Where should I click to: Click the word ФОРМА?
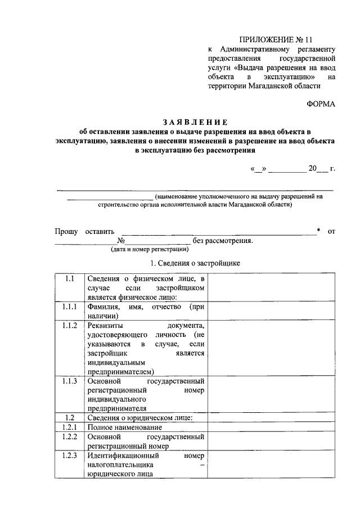coord(321,104)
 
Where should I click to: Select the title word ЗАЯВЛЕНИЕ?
coord(195,121)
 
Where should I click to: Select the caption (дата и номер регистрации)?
coord(149,249)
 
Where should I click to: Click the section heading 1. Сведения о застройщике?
coord(195,263)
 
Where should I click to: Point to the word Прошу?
coord(65,231)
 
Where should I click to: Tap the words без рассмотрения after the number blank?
coord(222,241)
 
